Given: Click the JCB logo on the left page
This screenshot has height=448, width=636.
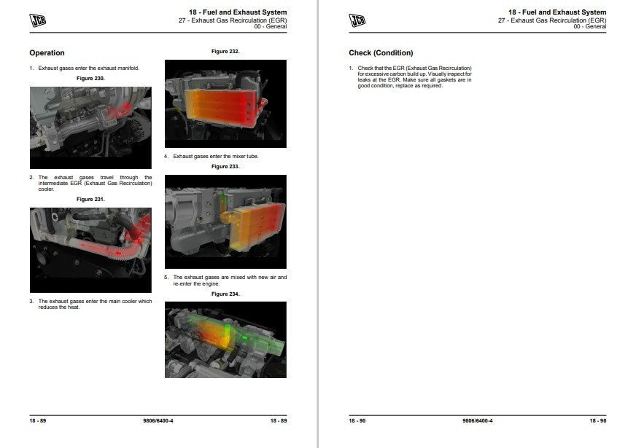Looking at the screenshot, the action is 38,20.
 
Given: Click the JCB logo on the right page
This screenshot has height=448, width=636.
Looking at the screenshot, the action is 357,20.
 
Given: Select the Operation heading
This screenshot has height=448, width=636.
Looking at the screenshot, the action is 47,52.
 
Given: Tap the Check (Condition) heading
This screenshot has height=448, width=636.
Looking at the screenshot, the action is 381,52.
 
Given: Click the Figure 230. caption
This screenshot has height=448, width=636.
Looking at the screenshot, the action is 90,78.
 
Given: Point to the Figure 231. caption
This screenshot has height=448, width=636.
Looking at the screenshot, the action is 90,200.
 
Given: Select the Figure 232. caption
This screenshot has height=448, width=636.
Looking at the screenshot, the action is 225,52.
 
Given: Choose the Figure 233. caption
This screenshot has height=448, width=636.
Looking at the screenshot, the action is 225,167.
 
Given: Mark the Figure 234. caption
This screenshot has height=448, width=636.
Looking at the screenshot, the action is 225,294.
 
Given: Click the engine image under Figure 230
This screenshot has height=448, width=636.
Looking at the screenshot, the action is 90,127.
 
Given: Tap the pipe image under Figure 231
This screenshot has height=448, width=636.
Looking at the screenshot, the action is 90,250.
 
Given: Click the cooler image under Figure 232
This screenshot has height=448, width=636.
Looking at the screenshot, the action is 225,103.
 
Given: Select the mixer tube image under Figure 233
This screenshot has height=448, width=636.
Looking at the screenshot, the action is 225,221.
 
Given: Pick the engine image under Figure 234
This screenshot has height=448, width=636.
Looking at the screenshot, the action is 225,339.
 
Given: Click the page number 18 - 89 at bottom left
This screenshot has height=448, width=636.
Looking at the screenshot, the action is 38,421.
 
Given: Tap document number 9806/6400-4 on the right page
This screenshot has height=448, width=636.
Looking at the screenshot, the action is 478,421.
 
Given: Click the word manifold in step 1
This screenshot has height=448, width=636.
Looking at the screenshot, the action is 128,68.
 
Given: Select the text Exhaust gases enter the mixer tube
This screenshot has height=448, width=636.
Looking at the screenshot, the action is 216,157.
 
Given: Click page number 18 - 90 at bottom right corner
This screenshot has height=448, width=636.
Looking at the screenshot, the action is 598,421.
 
